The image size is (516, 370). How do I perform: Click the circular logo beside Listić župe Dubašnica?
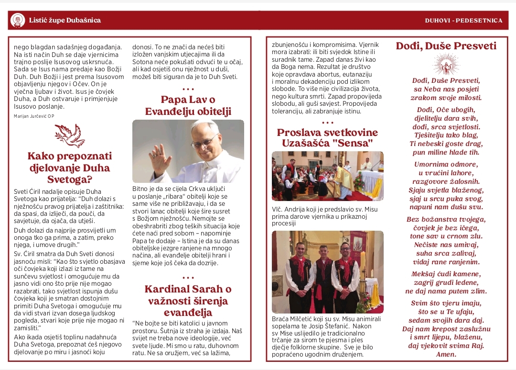point(18,20)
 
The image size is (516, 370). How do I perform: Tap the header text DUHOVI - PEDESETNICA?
point(463,21)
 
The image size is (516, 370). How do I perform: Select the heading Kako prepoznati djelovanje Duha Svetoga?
point(69,168)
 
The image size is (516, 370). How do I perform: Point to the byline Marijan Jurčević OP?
point(34,116)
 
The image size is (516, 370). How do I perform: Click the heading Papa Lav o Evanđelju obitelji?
point(188,106)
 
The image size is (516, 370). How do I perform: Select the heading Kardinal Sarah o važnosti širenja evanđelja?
point(188,301)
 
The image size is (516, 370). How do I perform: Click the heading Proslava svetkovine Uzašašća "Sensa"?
point(327,137)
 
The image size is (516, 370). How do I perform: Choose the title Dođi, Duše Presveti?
point(446,46)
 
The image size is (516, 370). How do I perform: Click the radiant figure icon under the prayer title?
point(446,65)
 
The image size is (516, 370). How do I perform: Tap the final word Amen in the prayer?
point(446,355)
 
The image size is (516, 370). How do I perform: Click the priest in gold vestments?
point(344,179)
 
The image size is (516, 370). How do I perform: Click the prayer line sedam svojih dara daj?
point(446,320)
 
